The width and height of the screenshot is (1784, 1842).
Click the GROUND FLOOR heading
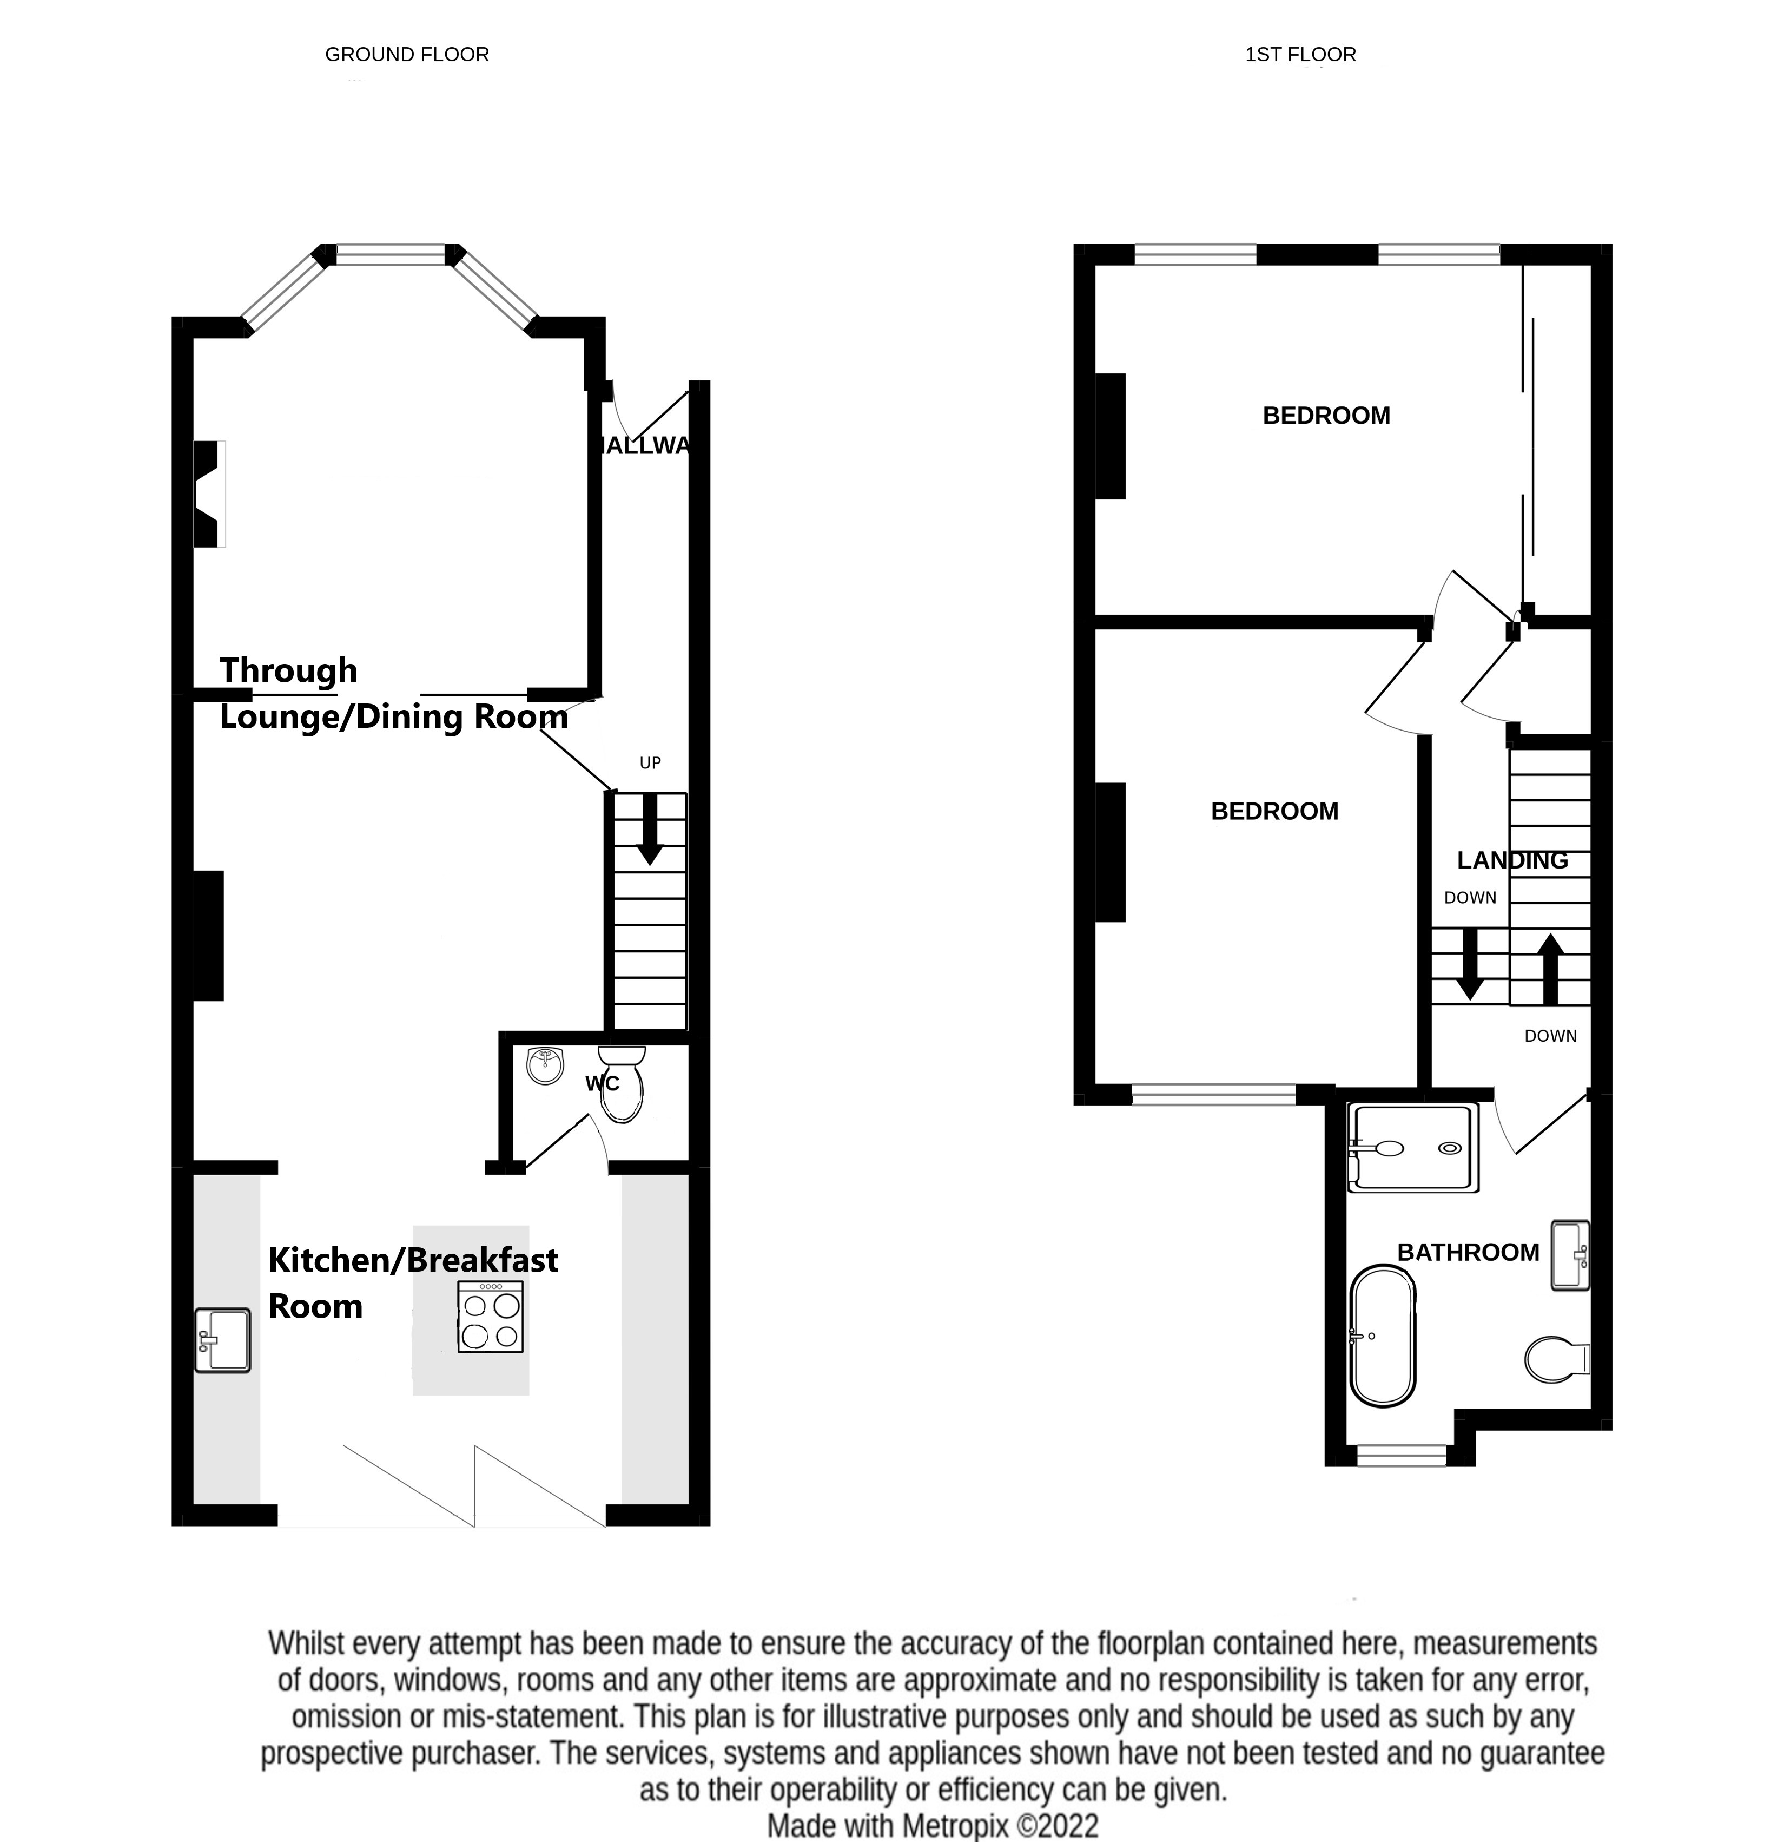[407, 55]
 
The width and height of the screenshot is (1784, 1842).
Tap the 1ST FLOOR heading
[1300, 55]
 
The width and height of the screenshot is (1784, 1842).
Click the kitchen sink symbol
[223, 1341]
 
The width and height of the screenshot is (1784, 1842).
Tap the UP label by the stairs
[650, 763]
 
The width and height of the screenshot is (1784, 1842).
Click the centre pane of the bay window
[391, 254]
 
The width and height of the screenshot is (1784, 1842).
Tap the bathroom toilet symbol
[1554, 1360]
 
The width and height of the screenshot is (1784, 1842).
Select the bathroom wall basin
[1569, 1255]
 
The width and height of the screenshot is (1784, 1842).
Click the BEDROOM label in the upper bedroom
[1325, 416]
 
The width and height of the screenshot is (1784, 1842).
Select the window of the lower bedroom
[1214, 1094]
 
